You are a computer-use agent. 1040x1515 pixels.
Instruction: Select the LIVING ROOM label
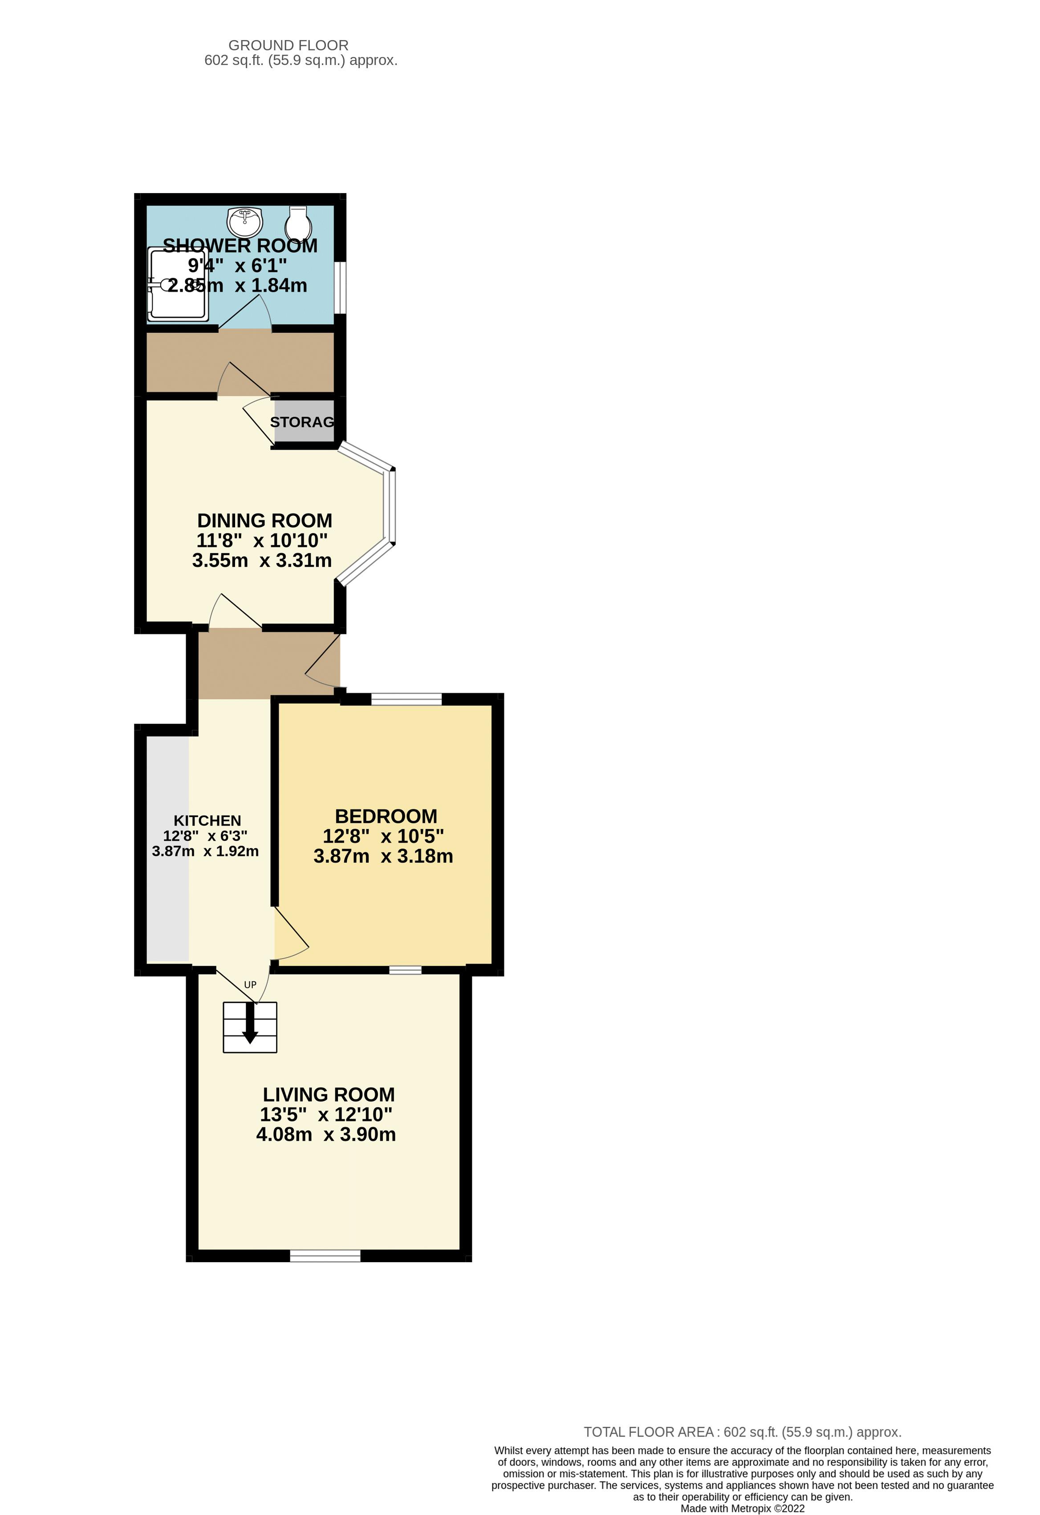(329, 1094)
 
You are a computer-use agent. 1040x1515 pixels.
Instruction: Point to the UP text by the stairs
(250, 985)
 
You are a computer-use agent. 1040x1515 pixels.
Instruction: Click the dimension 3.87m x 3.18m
(383, 856)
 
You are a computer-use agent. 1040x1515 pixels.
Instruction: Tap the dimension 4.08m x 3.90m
(325, 1135)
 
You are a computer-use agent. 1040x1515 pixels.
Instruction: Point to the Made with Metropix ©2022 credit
(742, 1508)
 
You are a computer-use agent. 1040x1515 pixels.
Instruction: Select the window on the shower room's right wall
(341, 288)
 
